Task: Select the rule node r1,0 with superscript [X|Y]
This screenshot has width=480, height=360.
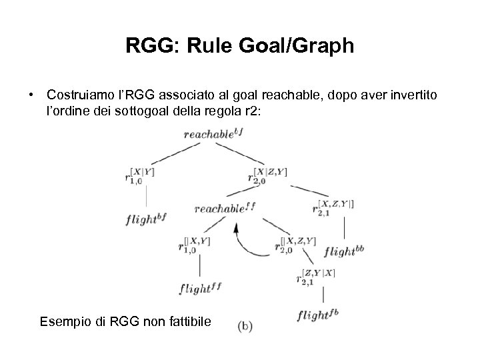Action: click(x=137, y=176)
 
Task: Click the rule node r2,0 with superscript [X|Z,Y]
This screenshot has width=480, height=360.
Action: click(x=265, y=176)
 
